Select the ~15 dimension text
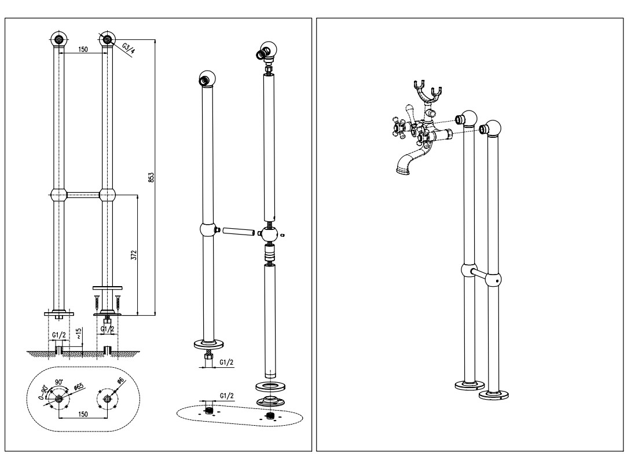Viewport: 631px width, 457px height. (x=79, y=333)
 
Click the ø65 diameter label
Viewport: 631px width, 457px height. (x=79, y=386)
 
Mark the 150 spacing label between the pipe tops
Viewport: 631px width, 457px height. (x=83, y=50)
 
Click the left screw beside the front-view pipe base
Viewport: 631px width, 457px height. (x=96, y=302)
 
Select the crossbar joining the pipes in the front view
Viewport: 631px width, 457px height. (x=83, y=195)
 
